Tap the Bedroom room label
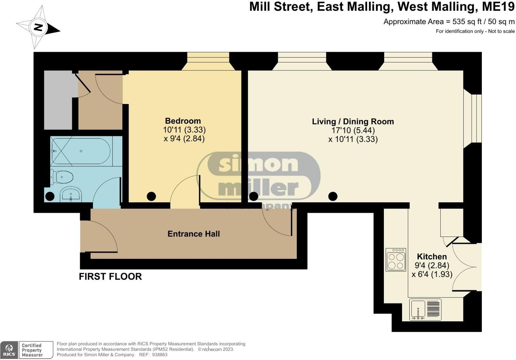pos(183,121)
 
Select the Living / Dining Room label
pos(353,122)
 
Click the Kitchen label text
pos(432,257)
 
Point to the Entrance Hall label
pos(193,234)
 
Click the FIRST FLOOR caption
pos(110,277)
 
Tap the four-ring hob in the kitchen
pos(396,260)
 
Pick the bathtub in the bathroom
pos(81,151)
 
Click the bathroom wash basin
pos(71,195)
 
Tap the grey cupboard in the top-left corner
pos(58,100)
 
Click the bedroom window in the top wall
pos(208,61)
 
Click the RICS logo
pos(9,350)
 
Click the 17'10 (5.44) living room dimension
pos(353,130)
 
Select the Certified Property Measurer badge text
pos(32,350)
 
